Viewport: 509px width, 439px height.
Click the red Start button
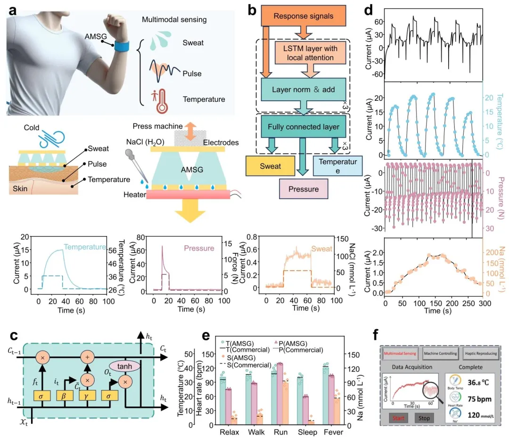pos(399,417)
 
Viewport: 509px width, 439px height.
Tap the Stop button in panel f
pos(425,417)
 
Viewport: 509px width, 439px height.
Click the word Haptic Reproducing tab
pos(480,353)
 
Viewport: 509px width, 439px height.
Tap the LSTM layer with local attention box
pos(313,53)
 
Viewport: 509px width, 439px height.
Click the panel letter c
pos(15,335)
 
